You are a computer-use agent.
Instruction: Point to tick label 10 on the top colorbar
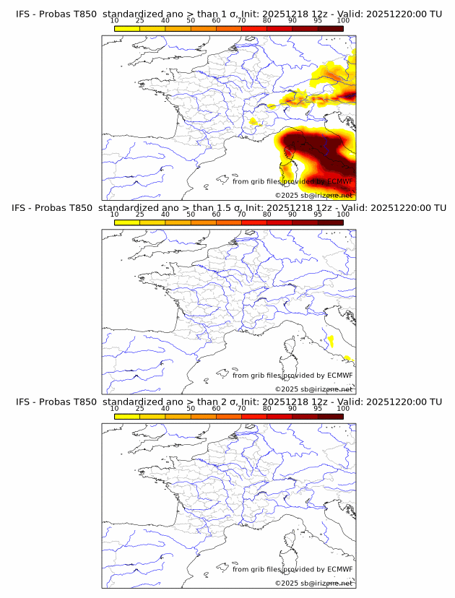point(114,21)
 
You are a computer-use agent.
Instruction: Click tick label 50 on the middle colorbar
point(191,214)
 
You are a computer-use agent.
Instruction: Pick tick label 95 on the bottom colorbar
point(318,408)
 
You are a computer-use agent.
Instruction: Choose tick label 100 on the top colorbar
point(343,21)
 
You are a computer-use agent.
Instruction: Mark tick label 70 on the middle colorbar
point(241,214)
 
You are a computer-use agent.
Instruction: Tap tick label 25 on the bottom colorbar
point(139,408)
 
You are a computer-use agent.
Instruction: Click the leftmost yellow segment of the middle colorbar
point(127,222)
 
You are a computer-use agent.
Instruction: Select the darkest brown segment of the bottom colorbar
point(330,415)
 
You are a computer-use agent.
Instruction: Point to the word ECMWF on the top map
point(339,181)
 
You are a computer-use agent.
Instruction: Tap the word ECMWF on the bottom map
point(339,569)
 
